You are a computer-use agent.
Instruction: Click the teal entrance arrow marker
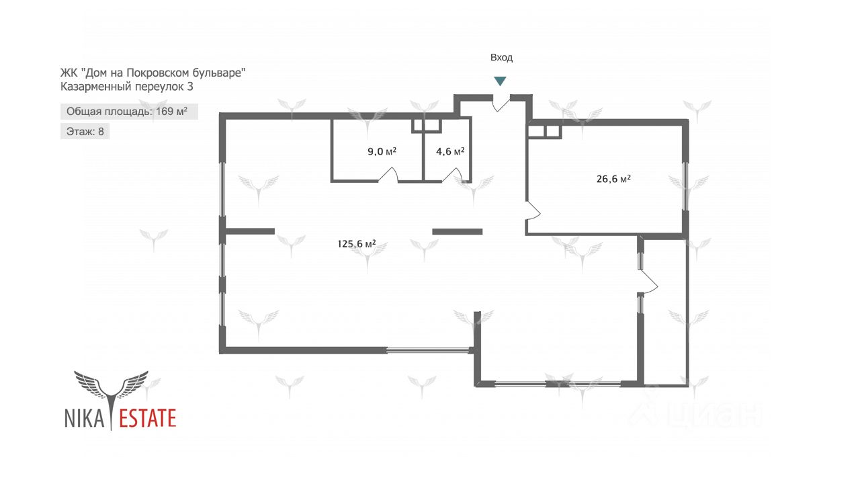500,81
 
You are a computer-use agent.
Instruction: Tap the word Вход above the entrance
501,58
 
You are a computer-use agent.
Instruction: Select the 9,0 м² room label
382,151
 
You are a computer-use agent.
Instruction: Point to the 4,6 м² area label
450,151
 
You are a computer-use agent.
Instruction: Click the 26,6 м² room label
613,179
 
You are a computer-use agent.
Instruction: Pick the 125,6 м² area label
357,244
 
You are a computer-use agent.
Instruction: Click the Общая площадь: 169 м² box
129,112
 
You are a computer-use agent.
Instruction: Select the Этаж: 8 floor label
85,131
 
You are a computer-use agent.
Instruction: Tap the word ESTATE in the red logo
148,418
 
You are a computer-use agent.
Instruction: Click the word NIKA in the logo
85,418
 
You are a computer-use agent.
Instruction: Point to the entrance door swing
501,104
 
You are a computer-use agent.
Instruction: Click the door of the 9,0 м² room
388,175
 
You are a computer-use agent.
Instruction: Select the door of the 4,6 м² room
452,175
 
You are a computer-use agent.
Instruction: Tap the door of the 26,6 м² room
533,210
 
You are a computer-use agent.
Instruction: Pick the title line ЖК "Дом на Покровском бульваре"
153,73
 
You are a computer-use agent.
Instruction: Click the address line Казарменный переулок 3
127,87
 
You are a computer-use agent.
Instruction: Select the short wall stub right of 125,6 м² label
458,232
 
